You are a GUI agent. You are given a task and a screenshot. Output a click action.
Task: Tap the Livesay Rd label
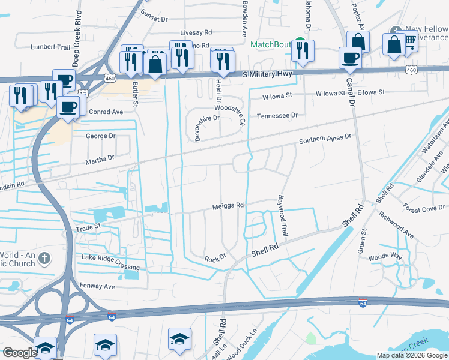[196, 32]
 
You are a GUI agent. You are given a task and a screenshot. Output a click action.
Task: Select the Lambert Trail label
[51, 46]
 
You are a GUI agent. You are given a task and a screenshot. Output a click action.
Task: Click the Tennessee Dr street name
[277, 115]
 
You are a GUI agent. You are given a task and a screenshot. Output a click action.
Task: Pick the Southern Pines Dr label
[325, 140]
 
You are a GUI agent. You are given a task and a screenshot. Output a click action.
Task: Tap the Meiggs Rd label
[228, 205]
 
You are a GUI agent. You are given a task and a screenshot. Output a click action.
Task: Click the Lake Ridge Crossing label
[110, 262]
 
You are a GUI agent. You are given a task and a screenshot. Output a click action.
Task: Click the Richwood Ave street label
[400, 229]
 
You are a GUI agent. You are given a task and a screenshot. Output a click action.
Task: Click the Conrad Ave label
[106, 112]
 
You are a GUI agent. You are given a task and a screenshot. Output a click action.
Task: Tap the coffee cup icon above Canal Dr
[350, 58]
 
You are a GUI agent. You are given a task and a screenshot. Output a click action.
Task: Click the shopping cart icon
[410, 41]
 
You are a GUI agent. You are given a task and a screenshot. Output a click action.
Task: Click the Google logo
[20, 353]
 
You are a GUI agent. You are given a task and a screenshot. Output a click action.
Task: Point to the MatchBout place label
[270, 44]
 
